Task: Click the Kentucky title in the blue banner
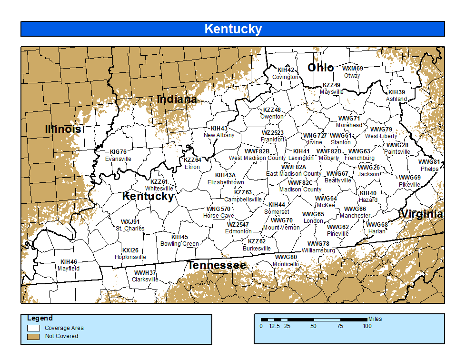coord(233,29)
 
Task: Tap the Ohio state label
coord(320,68)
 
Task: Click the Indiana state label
coord(177,99)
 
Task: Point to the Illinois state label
coord(63,129)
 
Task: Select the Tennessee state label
coord(217,265)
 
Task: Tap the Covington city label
coord(285,77)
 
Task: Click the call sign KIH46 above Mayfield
coord(69,261)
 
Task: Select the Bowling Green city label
coord(179,244)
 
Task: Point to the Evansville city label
coord(118,159)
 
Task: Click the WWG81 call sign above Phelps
coord(429,162)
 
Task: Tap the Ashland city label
coord(396,99)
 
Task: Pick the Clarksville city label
coord(145,280)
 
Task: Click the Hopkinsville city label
coord(130,257)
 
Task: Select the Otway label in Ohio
coord(352,76)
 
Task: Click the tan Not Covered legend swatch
coord(33,336)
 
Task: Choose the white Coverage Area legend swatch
coord(33,328)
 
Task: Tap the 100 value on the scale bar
coord(367,326)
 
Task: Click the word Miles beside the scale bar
coord(375,319)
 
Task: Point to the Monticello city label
coord(286,264)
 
